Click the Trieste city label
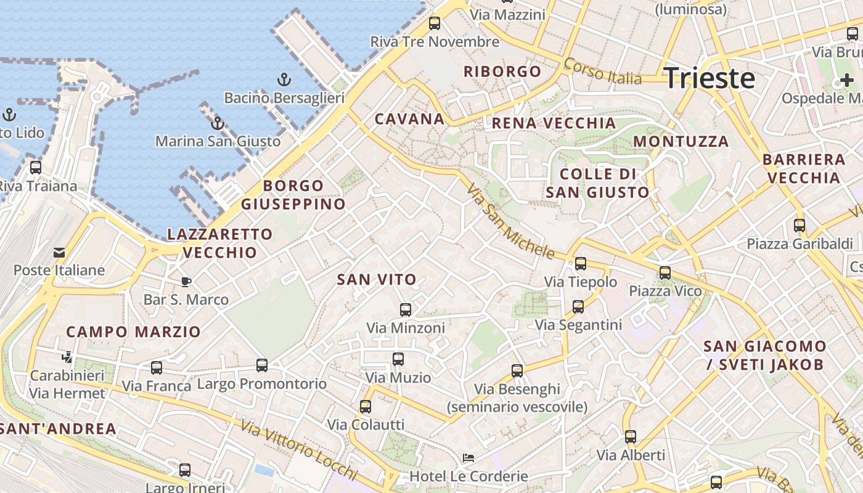(709, 78)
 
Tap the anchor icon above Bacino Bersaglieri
(284, 79)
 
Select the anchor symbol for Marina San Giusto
(217, 123)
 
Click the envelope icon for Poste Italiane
(59, 252)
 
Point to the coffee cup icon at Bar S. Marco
(186, 282)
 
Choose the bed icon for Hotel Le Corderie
(468, 458)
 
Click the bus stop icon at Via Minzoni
(406, 309)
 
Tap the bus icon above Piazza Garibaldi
(800, 225)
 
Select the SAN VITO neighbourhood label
(377, 280)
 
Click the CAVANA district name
(409, 119)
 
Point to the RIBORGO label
(502, 71)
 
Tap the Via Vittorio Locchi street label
(299, 450)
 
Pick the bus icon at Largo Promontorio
(262, 365)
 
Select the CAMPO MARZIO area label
(133, 332)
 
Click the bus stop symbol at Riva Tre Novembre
(435, 23)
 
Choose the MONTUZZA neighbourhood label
(681, 141)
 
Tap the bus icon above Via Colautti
(366, 406)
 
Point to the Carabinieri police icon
(67, 357)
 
